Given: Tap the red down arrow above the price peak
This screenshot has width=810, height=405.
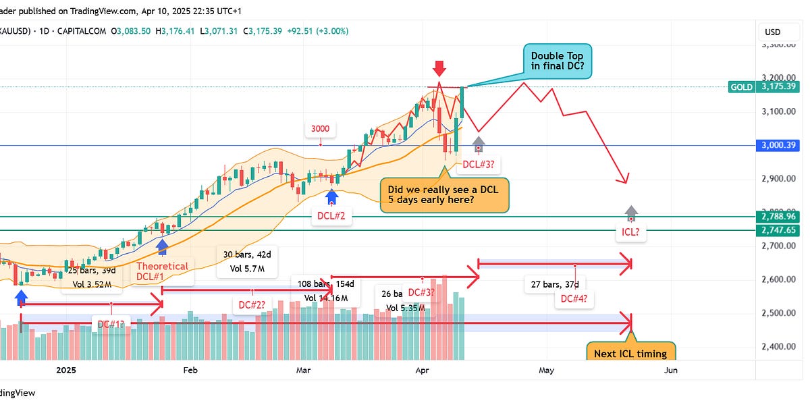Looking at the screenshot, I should point(439,68).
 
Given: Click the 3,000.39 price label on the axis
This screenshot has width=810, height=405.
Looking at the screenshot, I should point(778,145).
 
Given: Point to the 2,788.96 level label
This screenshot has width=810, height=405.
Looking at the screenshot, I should point(778,217).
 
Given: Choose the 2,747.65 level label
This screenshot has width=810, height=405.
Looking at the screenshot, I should point(778,230).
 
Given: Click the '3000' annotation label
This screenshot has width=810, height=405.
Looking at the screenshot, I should point(321,130).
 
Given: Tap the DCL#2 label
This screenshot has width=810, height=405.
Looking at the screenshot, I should point(331,216).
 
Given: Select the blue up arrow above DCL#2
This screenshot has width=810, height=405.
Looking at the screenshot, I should point(331,196).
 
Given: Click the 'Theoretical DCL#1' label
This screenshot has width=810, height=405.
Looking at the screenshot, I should point(163,271).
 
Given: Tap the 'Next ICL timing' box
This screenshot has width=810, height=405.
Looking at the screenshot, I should point(630,353).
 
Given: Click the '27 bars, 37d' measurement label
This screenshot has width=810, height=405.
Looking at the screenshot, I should point(555,284).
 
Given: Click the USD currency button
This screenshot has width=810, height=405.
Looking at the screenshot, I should point(772,32).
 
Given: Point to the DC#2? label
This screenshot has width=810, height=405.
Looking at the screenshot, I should point(253,304).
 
